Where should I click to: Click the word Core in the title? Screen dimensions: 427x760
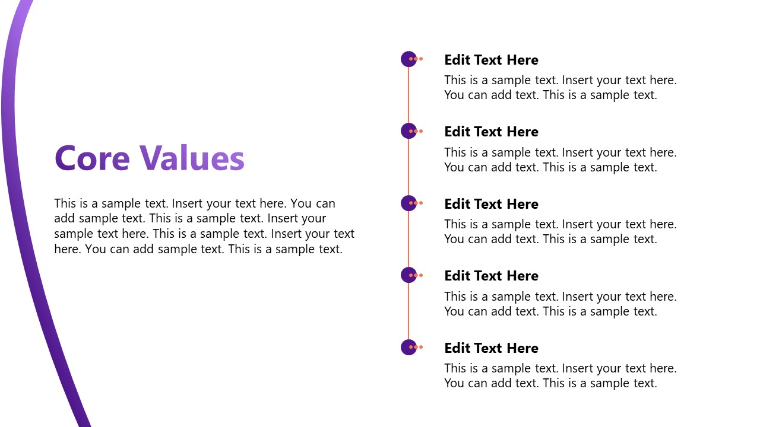click(91, 158)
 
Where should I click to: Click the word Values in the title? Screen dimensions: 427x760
click(192, 158)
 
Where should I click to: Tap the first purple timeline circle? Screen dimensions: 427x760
click(408, 59)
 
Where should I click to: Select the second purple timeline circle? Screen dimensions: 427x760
click(408, 131)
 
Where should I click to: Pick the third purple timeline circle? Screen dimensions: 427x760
click(408, 203)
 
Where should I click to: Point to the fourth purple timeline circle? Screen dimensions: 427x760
click(408, 275)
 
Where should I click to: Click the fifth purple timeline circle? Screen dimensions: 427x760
click(408, 347)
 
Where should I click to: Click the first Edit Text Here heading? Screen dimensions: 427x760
click(491, 60)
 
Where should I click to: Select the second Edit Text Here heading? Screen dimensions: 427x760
click(491, 132)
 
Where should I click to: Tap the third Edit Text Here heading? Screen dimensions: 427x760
click(491, 204)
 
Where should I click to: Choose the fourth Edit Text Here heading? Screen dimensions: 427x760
click(491, 276)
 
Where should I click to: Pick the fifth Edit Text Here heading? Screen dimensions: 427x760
click(491, 348)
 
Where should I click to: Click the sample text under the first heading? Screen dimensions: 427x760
click(560, 88)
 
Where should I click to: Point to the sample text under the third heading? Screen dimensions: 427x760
click(560, 232)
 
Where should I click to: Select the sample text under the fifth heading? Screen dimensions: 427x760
click(560, 376)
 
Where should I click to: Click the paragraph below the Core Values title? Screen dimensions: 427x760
click(204, 226)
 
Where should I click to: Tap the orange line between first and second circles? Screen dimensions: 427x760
click(408, 95)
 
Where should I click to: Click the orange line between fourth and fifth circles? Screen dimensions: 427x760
click(408, 311)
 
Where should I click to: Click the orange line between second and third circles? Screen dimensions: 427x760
click(408, 167)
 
